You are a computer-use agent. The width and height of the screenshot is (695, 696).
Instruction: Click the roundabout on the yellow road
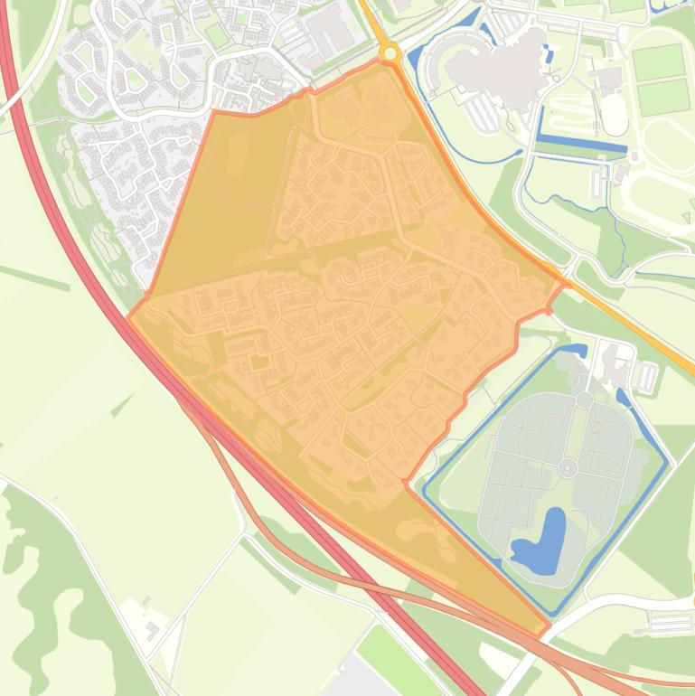(390, 53)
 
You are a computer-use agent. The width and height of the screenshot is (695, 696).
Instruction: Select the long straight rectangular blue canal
(581, 144)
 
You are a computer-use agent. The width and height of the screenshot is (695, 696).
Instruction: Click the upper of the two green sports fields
(658, 62)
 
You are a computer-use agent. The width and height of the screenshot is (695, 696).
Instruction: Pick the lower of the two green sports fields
(664, 96)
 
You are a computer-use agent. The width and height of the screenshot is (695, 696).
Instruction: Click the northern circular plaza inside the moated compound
(585, 399)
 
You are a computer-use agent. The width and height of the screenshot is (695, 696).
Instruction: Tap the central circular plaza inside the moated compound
(568, 467)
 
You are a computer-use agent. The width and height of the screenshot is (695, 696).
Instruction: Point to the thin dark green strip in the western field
(36, 278)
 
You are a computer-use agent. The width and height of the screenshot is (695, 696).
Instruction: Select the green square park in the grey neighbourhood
(217, 35)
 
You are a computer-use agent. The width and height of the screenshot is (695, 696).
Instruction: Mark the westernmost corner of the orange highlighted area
(129, 316)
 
